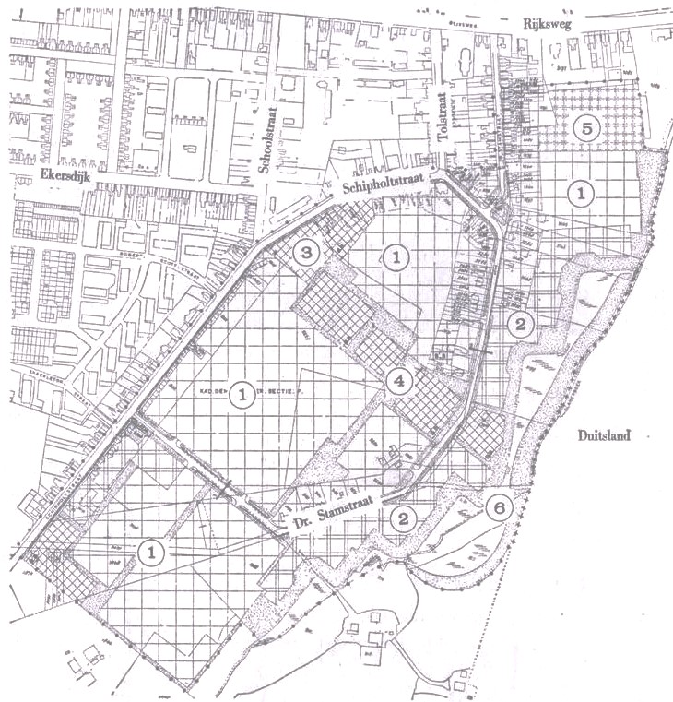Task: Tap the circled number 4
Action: pos(399,379)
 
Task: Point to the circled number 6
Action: pos(498,506)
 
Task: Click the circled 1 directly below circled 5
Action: pos(581,192)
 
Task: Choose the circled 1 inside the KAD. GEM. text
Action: pos(241,393)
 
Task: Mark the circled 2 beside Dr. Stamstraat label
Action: pos(402,518)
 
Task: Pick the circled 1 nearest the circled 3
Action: pos(395,257)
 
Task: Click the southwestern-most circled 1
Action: pos(150,552)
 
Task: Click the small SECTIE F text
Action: pos(281,391)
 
